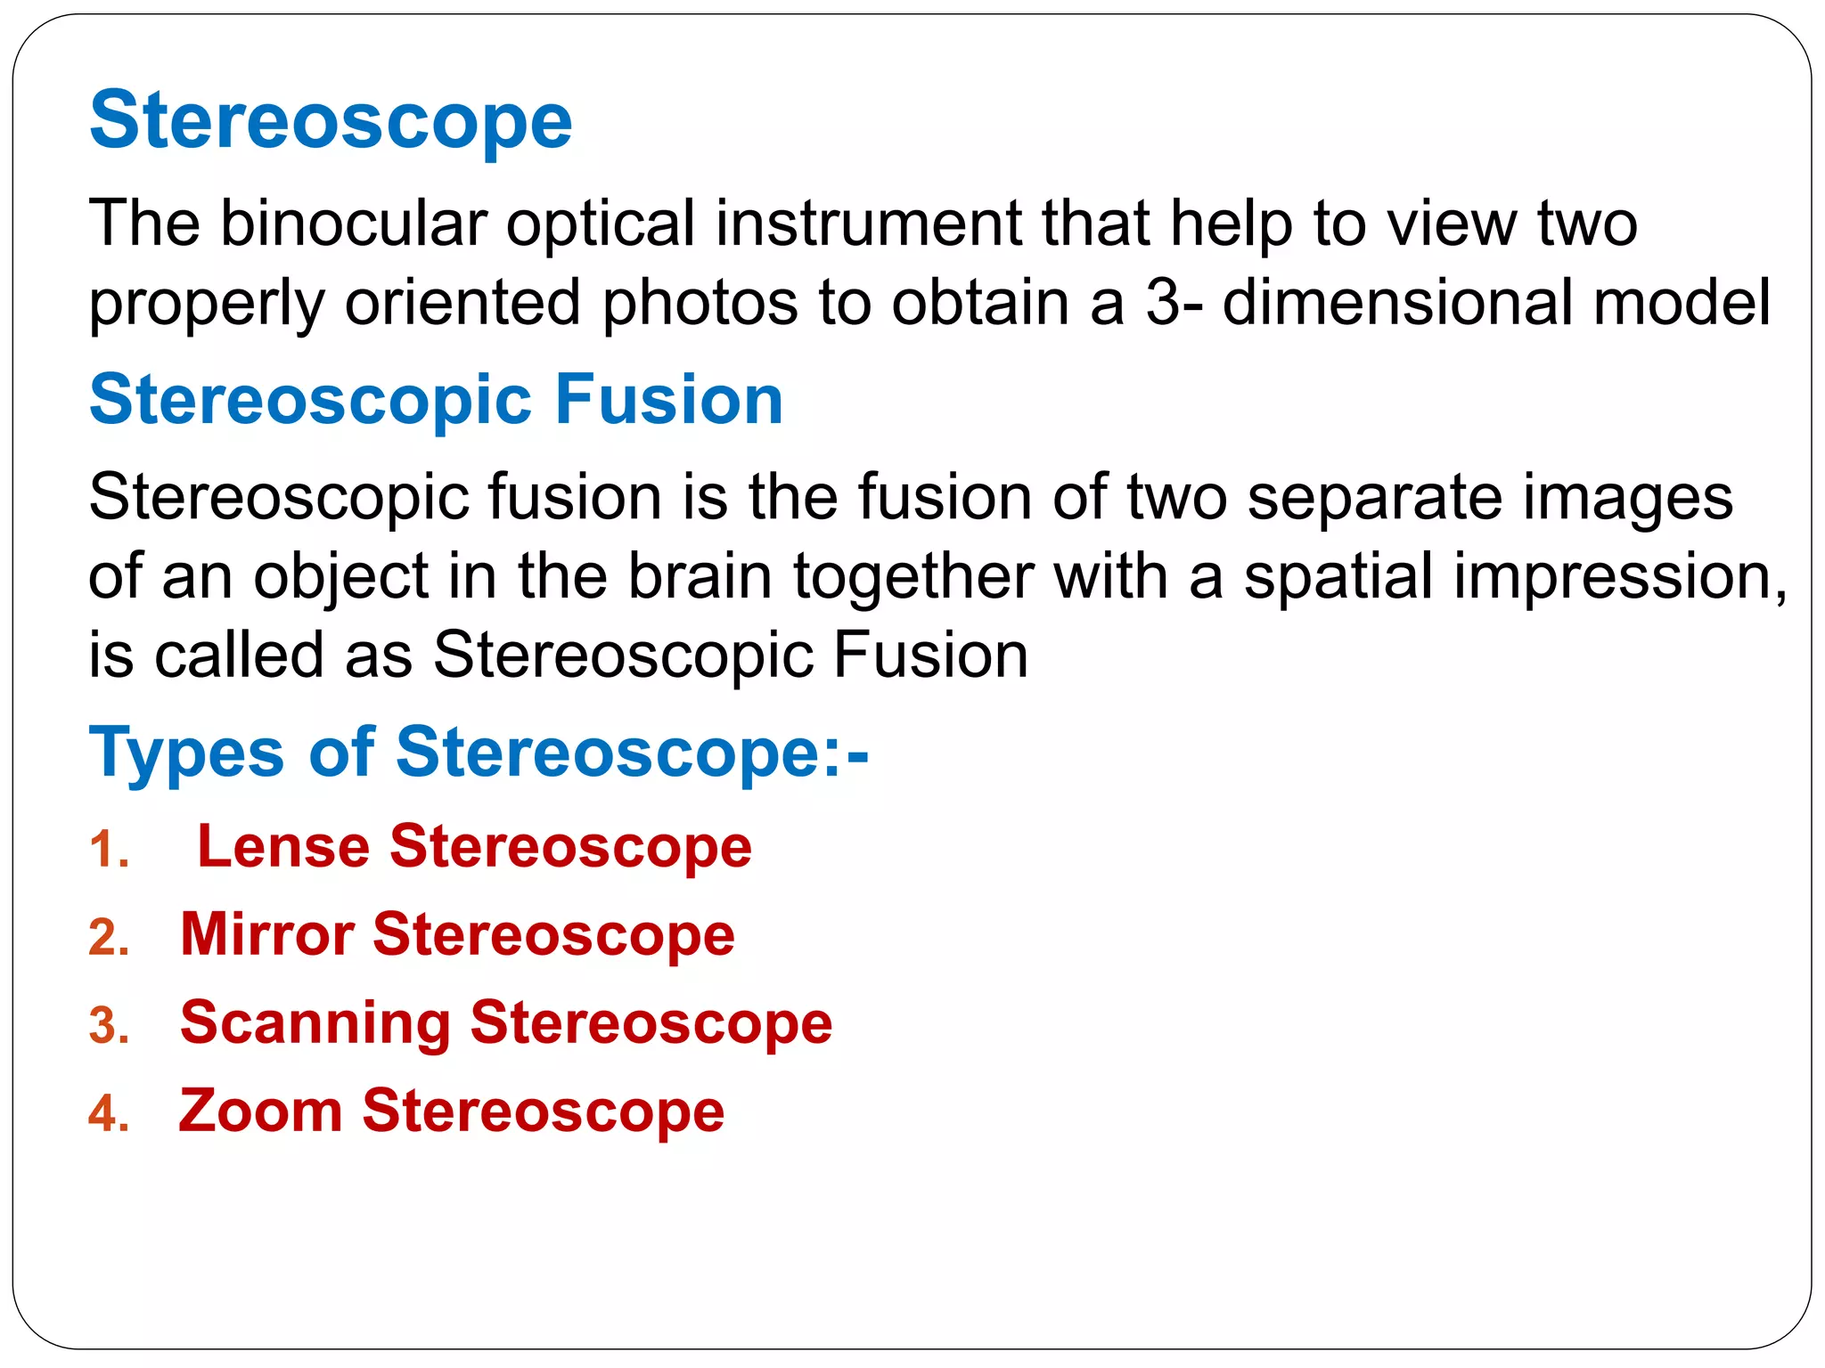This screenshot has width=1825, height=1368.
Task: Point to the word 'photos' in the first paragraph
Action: [700, 303]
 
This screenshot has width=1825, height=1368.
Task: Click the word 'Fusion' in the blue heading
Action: [668, 400]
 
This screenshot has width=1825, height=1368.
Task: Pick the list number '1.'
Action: [109, 850]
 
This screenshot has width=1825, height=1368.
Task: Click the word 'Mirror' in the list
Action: [267, 934]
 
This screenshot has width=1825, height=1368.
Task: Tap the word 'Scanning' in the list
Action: [315, 1024]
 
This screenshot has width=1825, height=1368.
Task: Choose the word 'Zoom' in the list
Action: [260, 1111]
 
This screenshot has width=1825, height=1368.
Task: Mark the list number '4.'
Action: [109, 1114]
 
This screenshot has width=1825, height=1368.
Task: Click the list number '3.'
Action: [109, 1026]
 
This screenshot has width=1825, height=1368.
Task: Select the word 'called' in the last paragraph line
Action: [239, 655]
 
